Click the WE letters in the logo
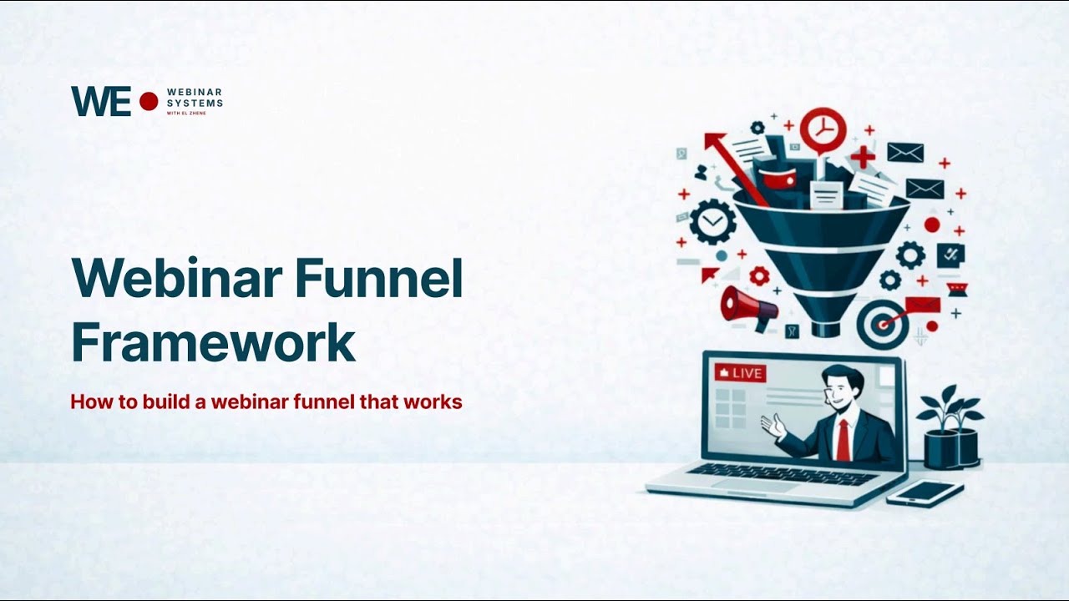[100, 101]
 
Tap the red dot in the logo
[149, 101]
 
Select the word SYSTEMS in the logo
[195, 103]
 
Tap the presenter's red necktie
[843, 439]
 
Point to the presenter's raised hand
[773, 427]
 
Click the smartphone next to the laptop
[925, 492]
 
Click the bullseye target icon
[877, 325]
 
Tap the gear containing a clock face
[712, 222]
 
